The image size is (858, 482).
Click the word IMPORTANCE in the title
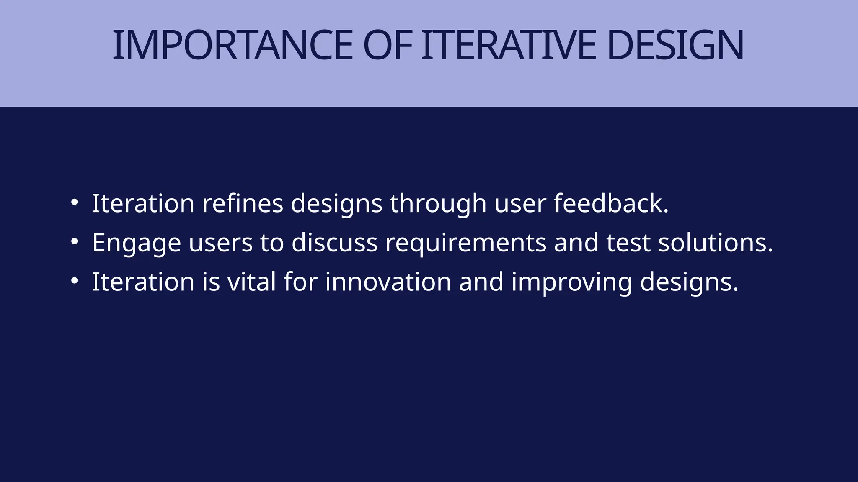point(233,45)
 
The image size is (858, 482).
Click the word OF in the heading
point(388,45)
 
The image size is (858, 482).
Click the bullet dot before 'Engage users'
point(74,242)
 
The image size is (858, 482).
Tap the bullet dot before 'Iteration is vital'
point(74,281)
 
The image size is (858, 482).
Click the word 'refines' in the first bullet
point(243,203)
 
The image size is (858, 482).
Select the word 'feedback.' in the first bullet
point(611,203)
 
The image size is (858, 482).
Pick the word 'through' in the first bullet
point(438,203)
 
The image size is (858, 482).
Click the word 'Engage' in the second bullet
point(136,243)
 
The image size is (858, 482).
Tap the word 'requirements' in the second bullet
point(465,243)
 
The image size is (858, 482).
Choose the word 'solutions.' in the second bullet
point(715,243)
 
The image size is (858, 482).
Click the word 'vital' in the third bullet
point(251,282)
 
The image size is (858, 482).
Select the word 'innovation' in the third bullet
point(388,282)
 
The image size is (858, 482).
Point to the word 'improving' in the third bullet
point(571,282)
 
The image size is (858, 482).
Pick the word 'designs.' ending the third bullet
point(689,282)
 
